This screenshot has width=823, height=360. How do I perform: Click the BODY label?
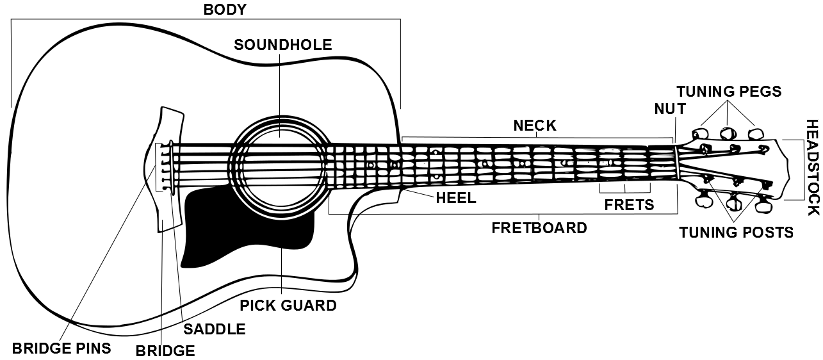(225, 10)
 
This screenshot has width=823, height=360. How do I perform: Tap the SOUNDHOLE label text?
(282, 45)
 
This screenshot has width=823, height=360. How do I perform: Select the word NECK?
(535, 126)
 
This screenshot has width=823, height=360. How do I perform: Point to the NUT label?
(670, 109)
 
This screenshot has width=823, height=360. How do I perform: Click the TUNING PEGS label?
(729, 92)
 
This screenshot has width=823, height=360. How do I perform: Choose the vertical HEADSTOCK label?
(812, 167)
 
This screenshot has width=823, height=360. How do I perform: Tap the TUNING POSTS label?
(736, 232)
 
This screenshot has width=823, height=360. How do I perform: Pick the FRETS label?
(629, 205)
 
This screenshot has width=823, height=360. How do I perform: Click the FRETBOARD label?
(539, 228)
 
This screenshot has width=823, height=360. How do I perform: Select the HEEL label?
(455, 198)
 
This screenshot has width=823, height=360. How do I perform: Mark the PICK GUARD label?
(288, 306)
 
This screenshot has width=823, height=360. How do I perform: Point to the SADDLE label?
(215, 329)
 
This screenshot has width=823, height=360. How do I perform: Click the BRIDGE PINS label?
(61, 348)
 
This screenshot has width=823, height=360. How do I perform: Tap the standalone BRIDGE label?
(165, 351)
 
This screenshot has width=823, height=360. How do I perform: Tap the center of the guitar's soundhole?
(280, 167)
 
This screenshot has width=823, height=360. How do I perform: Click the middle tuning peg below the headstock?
(734, 204)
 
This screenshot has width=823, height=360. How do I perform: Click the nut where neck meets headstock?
(675, 167)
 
